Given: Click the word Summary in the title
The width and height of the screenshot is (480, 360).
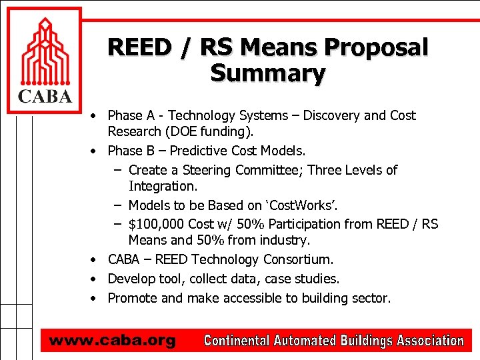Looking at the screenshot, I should [x=268, y=73].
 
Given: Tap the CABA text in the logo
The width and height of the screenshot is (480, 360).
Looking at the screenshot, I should [x=44, y=97].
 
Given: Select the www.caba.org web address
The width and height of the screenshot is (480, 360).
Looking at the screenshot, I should [x=112, y=341].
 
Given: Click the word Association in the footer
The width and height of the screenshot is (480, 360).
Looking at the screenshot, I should [x=430, y=341].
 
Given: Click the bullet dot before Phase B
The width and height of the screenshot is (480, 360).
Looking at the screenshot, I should [x=96, y=151].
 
